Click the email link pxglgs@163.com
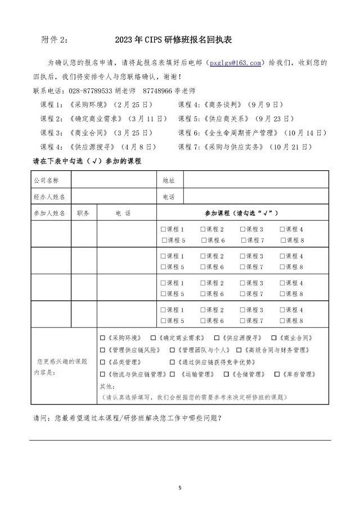click(x=235, y=63)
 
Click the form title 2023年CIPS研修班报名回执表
click(x=173, y=40)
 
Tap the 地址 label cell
click(x=169, y=180)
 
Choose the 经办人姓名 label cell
click(x=49, y=197)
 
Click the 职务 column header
click(x=83, y=213)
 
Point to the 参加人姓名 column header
click(x=49, y=213)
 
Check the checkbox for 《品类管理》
click(x=102, y=362)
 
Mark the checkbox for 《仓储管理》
click(x=226, y=374)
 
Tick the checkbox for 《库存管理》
click(x=277, y=374)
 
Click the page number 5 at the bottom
click(x=180, y=487)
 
